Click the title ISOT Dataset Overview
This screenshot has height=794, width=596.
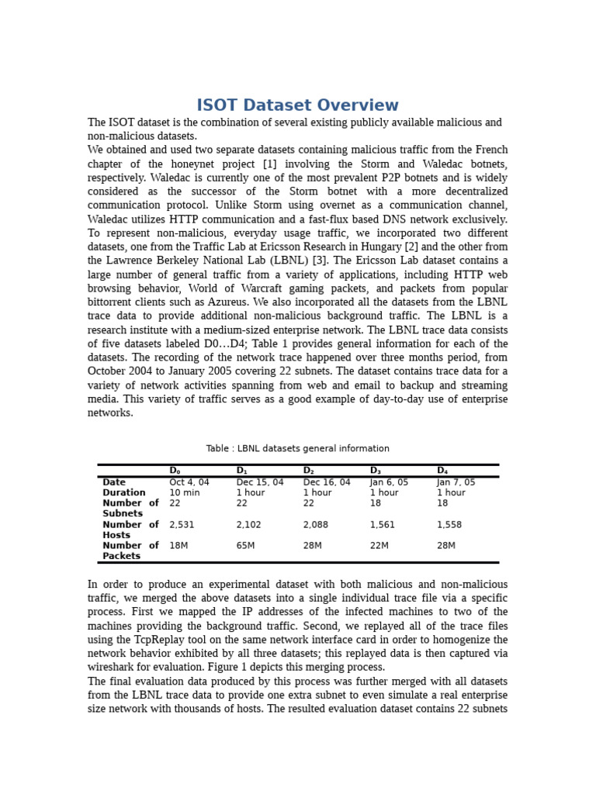point(297,105)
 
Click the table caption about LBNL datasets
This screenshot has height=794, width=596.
point(297,448)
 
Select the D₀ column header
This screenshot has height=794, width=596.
point(175,471)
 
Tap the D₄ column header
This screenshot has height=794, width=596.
point(442,471)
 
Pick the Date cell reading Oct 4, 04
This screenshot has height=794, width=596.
point(189,482)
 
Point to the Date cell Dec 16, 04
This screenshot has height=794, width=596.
point(326,482)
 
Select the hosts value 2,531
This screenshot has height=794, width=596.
point(182,525)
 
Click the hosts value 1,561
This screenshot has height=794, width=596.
point(382,525)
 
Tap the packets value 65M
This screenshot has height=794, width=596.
point(246,546)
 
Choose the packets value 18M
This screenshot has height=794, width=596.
point(178,546)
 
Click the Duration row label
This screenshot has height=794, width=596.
point(124,493)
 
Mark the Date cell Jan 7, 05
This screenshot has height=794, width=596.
point(456,482)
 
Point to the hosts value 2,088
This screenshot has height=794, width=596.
point(315,525)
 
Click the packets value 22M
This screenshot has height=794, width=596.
point(379,546)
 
